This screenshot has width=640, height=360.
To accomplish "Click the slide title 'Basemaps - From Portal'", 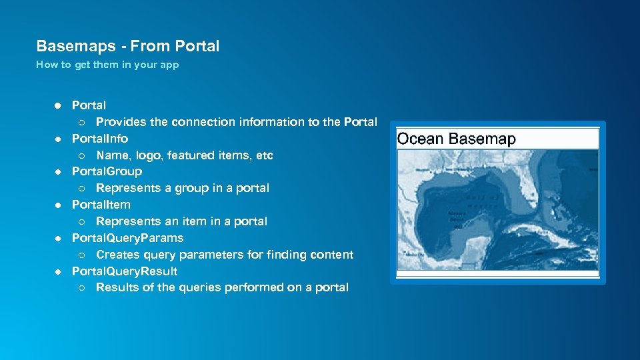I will pyautogui.click(x=127, y=46).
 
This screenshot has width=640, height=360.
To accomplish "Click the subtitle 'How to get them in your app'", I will pyautogui.click(x=107, y=65).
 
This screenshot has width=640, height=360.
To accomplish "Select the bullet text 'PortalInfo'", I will pyautogui.click(x=100, y=139).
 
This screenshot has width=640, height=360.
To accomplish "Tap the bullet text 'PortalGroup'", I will pyautogui.click(x=107, y=171).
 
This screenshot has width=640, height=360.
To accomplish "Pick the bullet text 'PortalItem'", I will pyautogui.click(x=101, y=205).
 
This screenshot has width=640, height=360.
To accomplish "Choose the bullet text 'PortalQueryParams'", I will pyautogui.click(x=127, y=238).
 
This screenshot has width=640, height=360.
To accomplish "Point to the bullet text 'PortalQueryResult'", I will pyautogui.click(x=125, y=271).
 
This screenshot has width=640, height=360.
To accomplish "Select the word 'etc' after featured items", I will pyautogui.click(x=265, y=155).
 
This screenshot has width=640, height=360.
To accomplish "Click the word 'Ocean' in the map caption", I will pyautogui.click(x=420, y=139).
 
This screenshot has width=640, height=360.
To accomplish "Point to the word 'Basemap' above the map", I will pyautogui.click(x=482, y=139).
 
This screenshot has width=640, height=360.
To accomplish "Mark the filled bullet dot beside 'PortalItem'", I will pyautogui.click(x=58, y=205).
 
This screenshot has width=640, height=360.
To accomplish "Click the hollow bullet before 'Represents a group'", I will pyautogui.click(x=81, y=189).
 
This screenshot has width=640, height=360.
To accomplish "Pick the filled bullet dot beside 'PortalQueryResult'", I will pyautogui.click(x=58, y=271).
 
